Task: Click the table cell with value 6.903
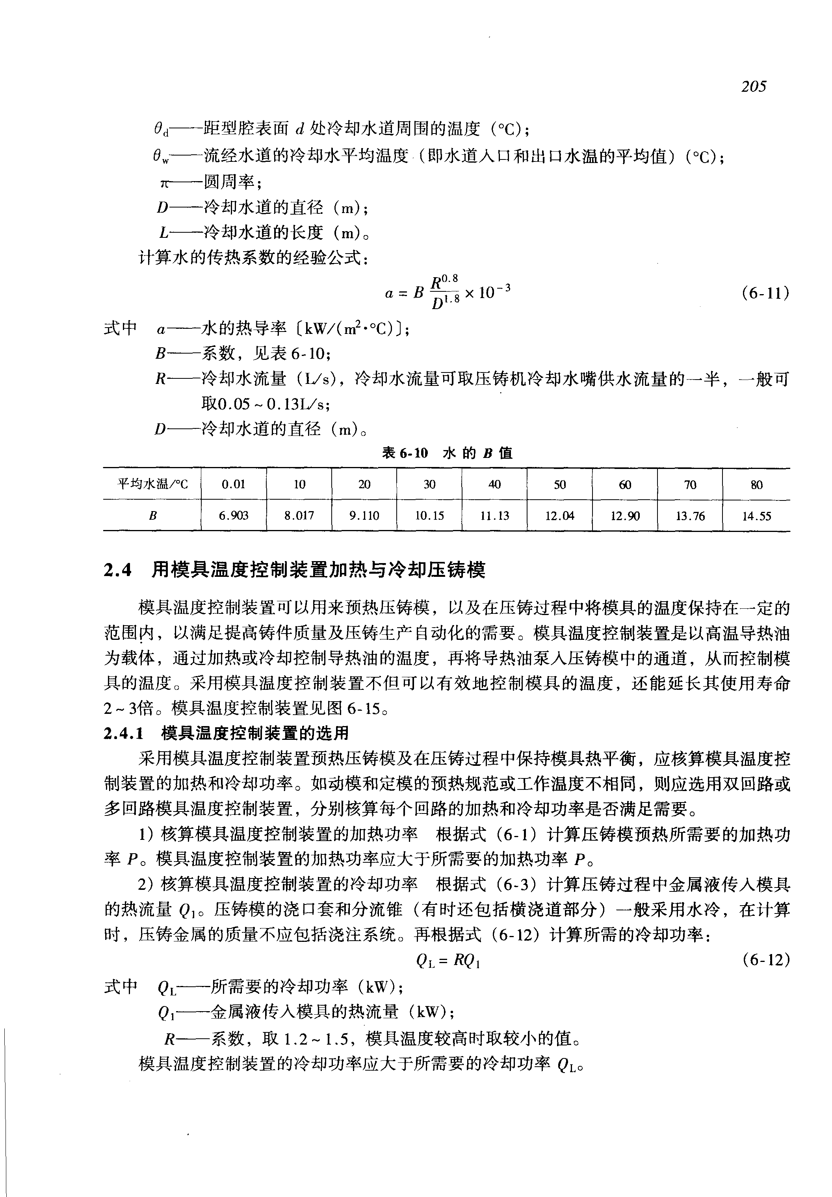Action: pos(234,515)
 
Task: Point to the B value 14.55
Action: pos(756,516)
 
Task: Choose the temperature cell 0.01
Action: pos(234,484)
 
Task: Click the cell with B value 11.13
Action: pos(494,515)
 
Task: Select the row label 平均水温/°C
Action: pos(152,484)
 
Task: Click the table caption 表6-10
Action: pos(405,453)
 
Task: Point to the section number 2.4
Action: pos(118,571)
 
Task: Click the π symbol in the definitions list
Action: pos(164,183)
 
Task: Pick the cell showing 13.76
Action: pos(690,516)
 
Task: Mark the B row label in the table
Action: pos(152,516)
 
